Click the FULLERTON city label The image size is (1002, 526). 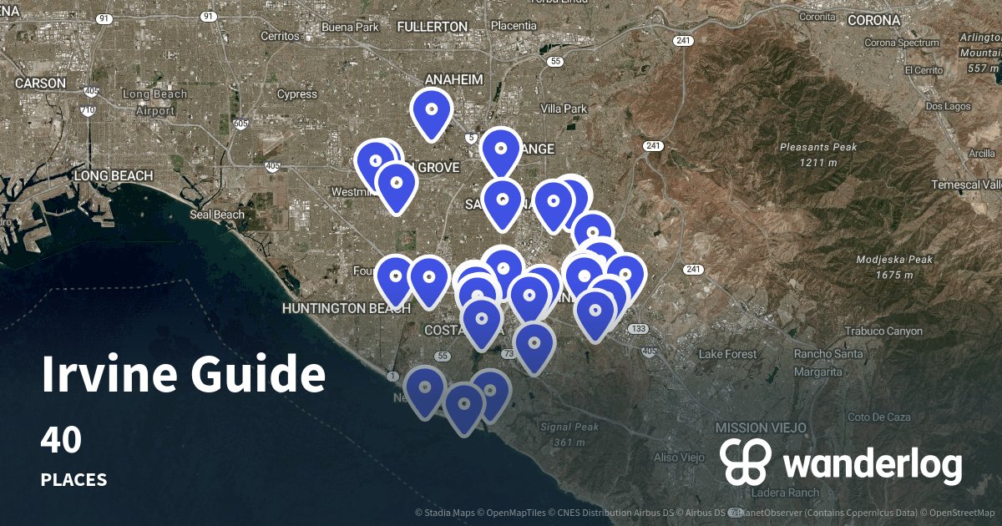(x=433, y=27)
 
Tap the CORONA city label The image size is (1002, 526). (x=873, y=20)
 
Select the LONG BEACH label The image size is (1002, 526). (x=114, y=176)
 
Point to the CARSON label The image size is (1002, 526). (x=40, y=83)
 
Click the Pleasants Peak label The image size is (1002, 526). (x=817, y=148)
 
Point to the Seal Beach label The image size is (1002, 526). (x=217, y=215)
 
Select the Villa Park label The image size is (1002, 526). (x=564, y=109)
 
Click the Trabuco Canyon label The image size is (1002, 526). (x=883, y=331)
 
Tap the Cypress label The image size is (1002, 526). (x=296, y=94)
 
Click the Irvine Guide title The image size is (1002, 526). (x=183, y=375)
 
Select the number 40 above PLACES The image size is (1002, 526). (x=61, y=441)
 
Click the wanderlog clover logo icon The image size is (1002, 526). (x=746, y=462)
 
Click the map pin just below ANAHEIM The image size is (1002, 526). (x=432, y=110)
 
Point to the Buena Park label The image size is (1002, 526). (x=350, y=27)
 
